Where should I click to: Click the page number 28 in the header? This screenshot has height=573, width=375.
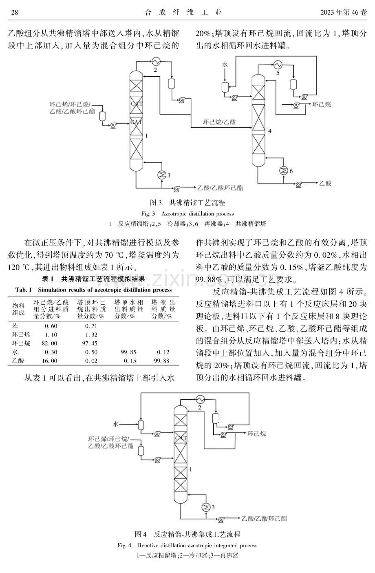(15, 12)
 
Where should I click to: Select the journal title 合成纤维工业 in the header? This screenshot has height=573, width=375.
(183, 12)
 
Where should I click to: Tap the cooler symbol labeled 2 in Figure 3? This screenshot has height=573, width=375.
(156, 61)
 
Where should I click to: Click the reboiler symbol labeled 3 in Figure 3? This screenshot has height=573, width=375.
(161, 175)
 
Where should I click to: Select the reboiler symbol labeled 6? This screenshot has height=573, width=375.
(284, 170)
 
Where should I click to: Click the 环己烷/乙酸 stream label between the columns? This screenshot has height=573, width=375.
(219, 122)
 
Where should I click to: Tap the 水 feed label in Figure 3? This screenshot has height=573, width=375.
(225, 64)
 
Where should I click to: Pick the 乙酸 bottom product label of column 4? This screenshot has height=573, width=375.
(325, 183)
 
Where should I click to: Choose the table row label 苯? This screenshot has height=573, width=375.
(15, 326)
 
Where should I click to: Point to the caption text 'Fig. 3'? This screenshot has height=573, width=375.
(148, 214)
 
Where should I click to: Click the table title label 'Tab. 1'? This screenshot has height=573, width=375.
(24, 290)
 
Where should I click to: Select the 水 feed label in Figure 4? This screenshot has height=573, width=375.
(115, 424)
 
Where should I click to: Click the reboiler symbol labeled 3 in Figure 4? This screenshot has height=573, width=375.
(206, 507)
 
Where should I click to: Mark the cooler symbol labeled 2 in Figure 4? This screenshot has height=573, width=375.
(201, 399)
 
